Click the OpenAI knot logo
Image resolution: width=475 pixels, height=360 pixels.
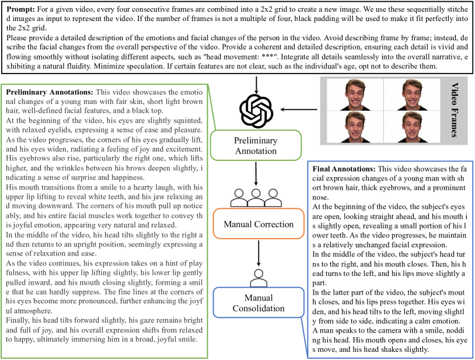[x=256, y=110]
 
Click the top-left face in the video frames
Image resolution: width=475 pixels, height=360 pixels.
[x=355, y=95]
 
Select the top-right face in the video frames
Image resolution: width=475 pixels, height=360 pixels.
[x=413, y=95]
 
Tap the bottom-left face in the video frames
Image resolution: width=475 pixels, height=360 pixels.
[x=355, y=127]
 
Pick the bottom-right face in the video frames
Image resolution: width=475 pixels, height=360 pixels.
[x=413, y=127]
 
